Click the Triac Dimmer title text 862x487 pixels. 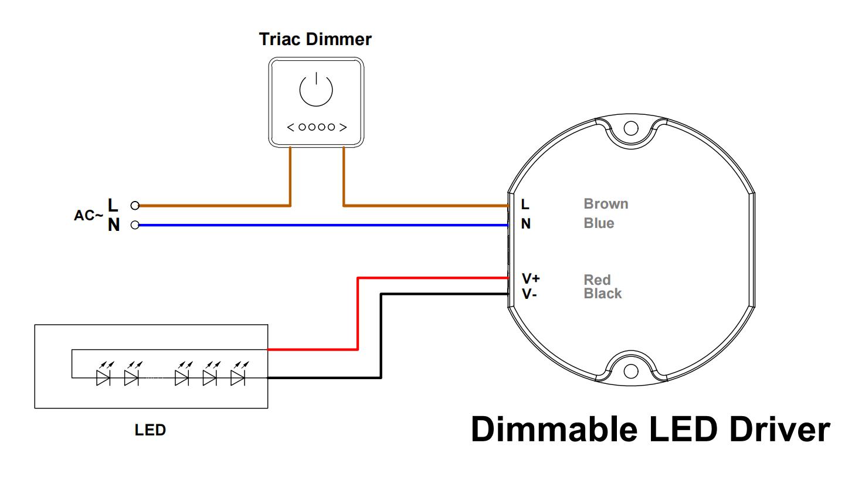[315, 39]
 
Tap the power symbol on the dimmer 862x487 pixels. [316, 90]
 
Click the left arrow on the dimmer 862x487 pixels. [290, 127]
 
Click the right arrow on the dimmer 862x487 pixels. [343, 127]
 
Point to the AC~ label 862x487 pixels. [88, 216]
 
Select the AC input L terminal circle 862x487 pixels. [135, 206]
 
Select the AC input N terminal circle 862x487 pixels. [135, 225]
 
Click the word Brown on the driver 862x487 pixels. [606, 204]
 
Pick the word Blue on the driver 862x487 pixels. [599, 223]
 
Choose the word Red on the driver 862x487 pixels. [597, 280]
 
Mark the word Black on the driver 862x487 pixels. [602, 294]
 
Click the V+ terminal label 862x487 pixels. [531, 278]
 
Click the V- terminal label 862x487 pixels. [529, 294]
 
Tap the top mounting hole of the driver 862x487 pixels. [630, 128]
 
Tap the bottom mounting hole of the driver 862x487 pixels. [630, 371]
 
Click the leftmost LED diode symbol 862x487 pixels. [104, 377]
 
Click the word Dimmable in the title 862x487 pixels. [554, 429]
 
